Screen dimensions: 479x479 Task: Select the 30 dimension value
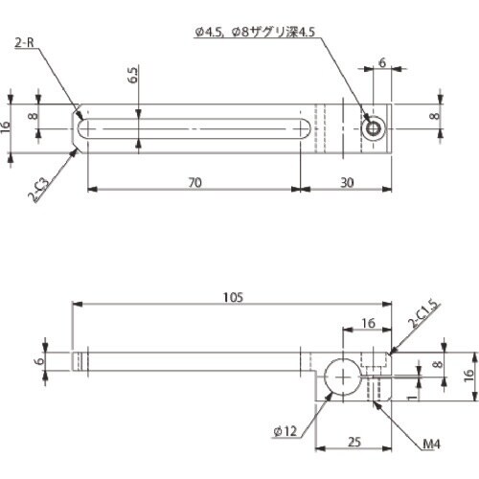[348, 180]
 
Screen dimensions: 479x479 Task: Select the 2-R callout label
[28, 43]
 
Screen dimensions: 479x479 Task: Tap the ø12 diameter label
[284, 431]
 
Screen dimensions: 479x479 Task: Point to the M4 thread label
[433, 445]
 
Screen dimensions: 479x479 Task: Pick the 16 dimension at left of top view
[11, 127]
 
